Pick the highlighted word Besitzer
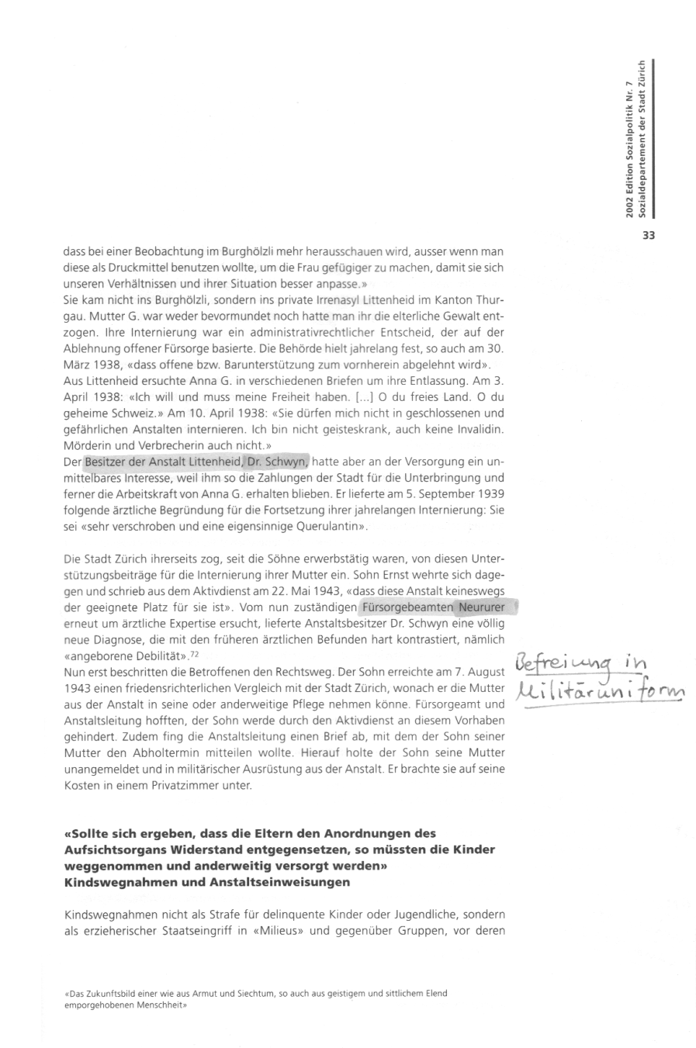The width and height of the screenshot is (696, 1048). click(108, 461)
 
